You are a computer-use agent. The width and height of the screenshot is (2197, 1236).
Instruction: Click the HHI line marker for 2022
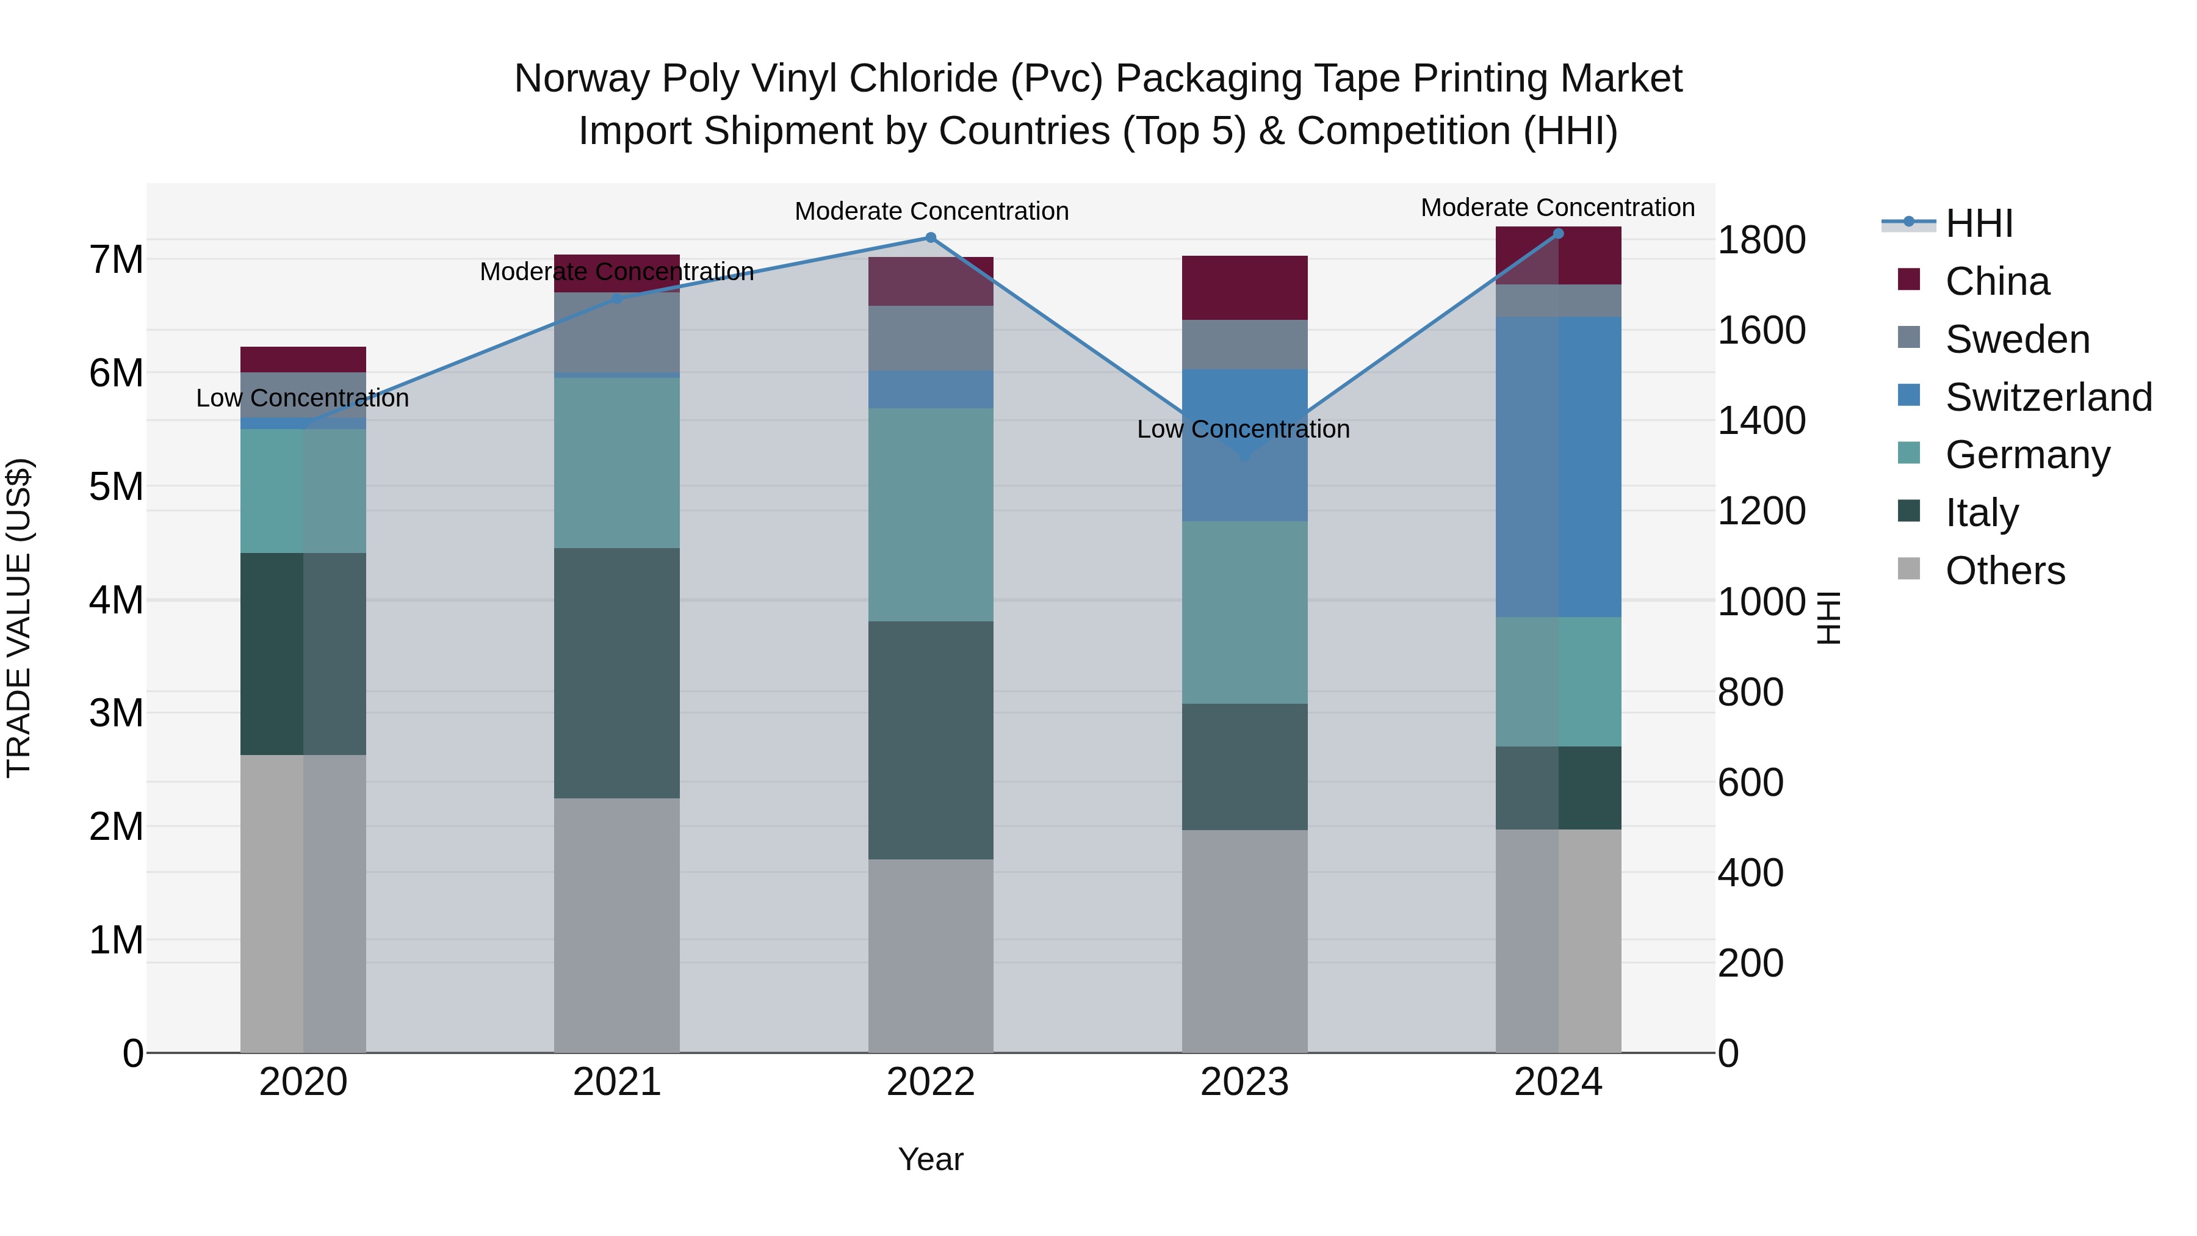point(931,238)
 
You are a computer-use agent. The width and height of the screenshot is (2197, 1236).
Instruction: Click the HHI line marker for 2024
point(1558,234)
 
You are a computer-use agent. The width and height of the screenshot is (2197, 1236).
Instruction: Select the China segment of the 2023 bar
point(1244,288)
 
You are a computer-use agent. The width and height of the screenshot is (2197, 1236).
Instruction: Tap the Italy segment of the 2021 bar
point(616,673)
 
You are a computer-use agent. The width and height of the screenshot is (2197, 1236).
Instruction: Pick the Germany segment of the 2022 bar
point(931,515)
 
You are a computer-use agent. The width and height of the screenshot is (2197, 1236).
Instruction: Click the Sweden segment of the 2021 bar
point(616,333)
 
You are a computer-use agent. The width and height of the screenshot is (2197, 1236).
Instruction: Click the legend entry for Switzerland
point(2049,397)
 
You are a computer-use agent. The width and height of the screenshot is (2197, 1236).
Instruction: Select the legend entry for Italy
point(1982,513)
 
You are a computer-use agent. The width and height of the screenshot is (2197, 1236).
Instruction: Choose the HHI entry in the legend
point(1979,223)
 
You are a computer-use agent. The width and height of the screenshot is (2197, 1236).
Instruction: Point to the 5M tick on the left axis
point(117,487)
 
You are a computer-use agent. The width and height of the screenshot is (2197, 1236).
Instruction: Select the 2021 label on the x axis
point(616,1082)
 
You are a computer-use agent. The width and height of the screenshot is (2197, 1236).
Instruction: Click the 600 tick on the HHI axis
point(1750,782)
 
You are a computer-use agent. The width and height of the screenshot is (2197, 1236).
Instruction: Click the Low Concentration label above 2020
point(303,399)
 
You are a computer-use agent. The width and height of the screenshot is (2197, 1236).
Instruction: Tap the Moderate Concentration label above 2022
point(931,212)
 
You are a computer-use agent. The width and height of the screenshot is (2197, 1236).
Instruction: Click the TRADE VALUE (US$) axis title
point(19,618)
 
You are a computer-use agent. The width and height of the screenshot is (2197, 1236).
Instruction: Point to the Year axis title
point(931,1159)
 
